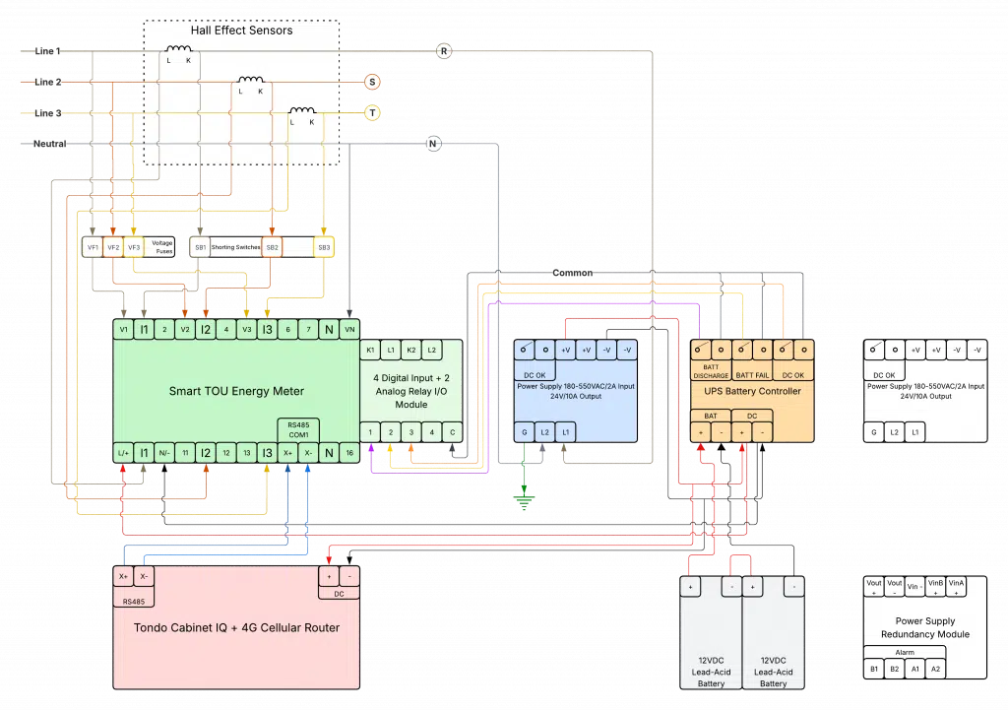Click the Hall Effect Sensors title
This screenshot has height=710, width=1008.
pyautogui.click(x=241, y=31)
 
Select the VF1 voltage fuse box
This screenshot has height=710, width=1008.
pyautogui.click(x=92, y=246)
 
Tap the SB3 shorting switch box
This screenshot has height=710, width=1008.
pyautogui.click(x=324, y=246)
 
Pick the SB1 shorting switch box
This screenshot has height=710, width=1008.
pyautogui.click(x=200, y=246)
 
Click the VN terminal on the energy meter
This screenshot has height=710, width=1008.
pyautogui.click(x=349, y=330)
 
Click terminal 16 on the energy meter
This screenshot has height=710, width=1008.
pyautogui.click(x=349, y=452)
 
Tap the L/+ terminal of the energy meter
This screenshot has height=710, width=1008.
pyautogui.click(x=122, y=452)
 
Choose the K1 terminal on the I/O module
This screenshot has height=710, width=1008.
pyautogui.click(x=371, y=350)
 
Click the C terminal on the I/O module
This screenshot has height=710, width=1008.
pyautogui.click(x=452, y=431)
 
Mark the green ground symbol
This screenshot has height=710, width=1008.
pyautogui.click(x=524, y=500)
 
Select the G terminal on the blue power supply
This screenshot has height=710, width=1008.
pyautogui.click(x=524, y=432)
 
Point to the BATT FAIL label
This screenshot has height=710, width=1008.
pyautogui.click(x=751, y=374)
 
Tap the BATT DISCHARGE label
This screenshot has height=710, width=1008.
pyautogui.click(x=711, y=370)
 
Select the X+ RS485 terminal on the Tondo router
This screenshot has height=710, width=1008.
pyautogui.click(x=123, y=576)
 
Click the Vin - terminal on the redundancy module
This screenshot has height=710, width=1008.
pyautogui.click(x=915, y=587)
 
